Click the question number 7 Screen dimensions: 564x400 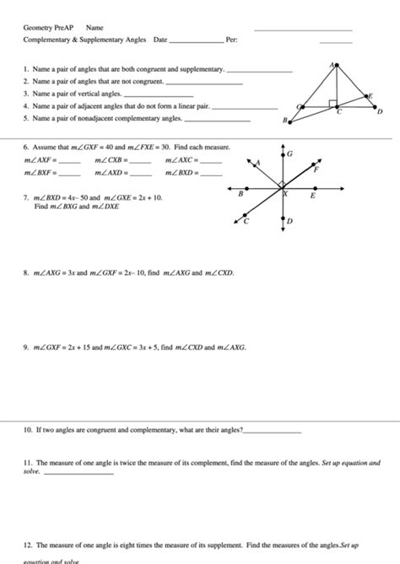click(27, 197)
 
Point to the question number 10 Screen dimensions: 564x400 click(28, 430)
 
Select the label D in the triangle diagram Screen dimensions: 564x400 click(380, 111)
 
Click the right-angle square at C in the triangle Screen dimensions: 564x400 click(335, 105)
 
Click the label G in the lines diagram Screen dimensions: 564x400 click(289, 154)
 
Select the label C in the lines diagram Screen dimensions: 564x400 click(246, 222)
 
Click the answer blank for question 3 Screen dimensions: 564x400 click(146, 96)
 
